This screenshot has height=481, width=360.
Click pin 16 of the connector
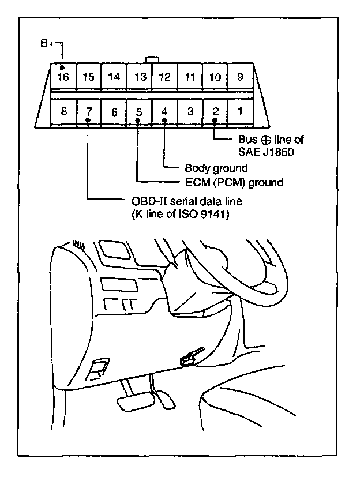[63, 76]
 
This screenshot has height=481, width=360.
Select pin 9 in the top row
[239, 76]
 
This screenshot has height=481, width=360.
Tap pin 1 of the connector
[239, 111]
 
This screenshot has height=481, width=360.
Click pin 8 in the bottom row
[63, 111]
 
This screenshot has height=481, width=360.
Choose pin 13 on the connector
[139, 77]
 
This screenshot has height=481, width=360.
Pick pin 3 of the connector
[189, 111]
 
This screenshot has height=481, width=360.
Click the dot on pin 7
[88, 120]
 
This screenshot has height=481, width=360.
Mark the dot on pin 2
[214, 120]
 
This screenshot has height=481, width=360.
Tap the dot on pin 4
[164, 120]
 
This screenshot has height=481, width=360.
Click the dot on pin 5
[139, 120]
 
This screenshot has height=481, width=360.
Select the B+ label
[48, 43]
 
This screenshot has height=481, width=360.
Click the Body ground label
[216, 168]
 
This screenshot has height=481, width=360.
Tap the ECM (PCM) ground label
[234, 183]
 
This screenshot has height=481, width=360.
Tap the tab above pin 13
[152, 59]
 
